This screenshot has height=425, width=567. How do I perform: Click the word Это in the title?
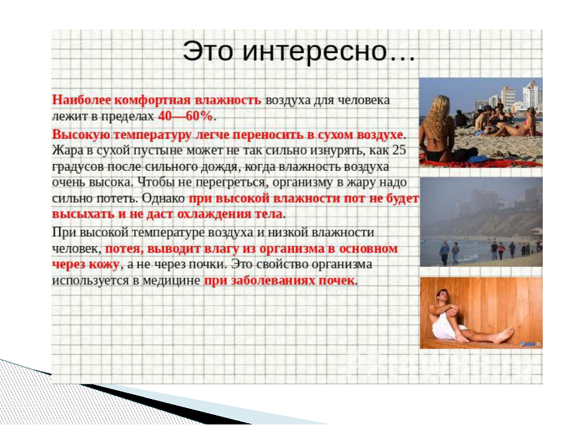coord(207,51)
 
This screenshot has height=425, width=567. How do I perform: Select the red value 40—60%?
coord(185,116)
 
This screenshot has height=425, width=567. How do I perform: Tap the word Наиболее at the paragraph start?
coord(82,100)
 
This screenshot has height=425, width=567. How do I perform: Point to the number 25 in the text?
coord(399,149)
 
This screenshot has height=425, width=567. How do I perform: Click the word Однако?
coord(164,198)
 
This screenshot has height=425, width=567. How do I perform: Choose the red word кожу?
coord(104,264)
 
